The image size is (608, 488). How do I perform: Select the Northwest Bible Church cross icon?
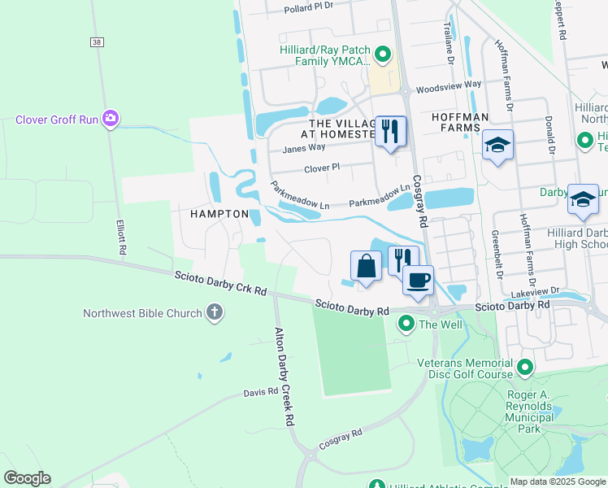[x=214, y=313]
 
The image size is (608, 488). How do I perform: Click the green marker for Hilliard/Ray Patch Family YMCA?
[x=383, y=55]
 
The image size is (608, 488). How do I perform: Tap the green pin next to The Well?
[x=406, y=325]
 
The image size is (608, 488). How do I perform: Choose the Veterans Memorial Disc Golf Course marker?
[x=524, y=368]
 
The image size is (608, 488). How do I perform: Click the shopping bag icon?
[x=366, y=265]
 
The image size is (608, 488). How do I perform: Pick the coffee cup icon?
[x=418, y=281]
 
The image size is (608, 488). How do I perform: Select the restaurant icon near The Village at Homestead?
[x=390, y=130]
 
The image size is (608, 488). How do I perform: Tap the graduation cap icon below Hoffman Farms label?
[x=497, y=146]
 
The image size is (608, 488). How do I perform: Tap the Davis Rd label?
[x=261, y=392]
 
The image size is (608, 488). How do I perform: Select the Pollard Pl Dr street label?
[x=309, y=7]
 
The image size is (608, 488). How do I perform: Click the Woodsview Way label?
[x=448, y=85]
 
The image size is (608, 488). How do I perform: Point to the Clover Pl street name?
[x=321, y=168]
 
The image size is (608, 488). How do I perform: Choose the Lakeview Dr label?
[x=535, y=290]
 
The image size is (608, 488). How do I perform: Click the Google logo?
[x=27, y=478]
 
